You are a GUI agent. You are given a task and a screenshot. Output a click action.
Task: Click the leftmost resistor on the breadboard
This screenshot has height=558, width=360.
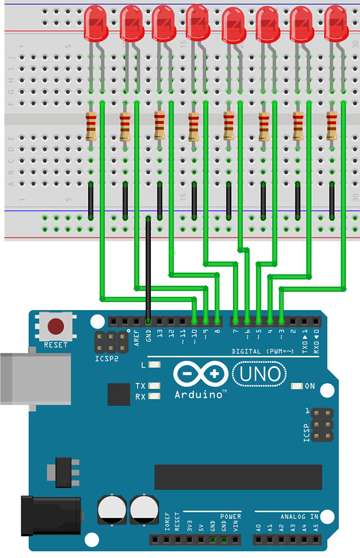pyautogui.click(x=91, y=126)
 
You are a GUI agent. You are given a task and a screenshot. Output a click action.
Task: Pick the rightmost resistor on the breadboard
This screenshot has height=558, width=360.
pyautogui.click(x=332, y=126)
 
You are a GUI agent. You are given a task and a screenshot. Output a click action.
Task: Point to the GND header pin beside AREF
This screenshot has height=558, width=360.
pyautogui.click(x=148, y=322)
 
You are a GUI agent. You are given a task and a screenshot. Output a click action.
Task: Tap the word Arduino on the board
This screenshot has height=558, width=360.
pyautogui.click(x=200, y=395)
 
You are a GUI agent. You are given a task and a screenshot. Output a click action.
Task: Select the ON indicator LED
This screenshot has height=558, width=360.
pyautogui.click(x=296, y=386)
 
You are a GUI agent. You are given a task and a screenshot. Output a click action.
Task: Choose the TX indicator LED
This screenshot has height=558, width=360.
pyautogui.click(x=151, y=386)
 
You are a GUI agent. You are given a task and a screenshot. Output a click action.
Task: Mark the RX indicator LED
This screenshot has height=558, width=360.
pyautogui.click(x=151, y=397)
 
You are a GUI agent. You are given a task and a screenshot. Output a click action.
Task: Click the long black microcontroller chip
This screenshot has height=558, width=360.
pyautogui.click(x=238, y=477)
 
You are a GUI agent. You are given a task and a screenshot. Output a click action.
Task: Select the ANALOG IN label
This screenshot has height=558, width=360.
pyautogui.click(x=299, y=516)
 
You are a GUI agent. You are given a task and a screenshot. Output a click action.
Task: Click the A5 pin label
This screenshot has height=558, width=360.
pyautogui.click(x=316, y=528)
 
